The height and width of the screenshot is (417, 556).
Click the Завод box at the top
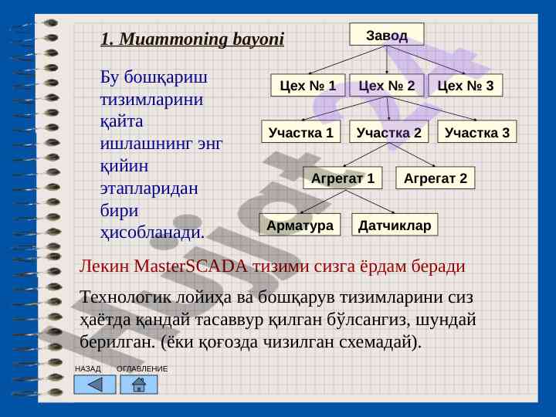(x=387, y=35)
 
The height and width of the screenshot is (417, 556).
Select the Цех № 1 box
(x=308, y=85)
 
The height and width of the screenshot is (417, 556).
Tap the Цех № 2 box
(x=387, y=85)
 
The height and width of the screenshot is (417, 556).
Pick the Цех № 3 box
(x=465, y=85)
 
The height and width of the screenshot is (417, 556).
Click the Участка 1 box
(x=300, y=131)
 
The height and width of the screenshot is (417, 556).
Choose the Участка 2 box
(x=388, y=131)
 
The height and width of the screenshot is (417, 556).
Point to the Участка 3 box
(x=477, y=131)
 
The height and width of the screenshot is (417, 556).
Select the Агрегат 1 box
(x=343, y=178)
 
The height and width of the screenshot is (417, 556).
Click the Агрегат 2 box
(x=435, y=178)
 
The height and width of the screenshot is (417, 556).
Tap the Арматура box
(x=300, y=225)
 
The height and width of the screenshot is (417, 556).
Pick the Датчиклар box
(x=395, y=225)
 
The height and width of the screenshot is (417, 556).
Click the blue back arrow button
(x=95, y=385)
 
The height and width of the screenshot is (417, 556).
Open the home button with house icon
(x=139, y=385)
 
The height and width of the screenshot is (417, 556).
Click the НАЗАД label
(x=87, y=369)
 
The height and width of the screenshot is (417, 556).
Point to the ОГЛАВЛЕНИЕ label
(x=142, y=369)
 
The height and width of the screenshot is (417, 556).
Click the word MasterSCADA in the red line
(x=191, y=266)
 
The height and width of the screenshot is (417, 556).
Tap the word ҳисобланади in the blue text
(x=152, y=233)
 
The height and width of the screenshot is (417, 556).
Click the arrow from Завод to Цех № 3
(x=425, y=59)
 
